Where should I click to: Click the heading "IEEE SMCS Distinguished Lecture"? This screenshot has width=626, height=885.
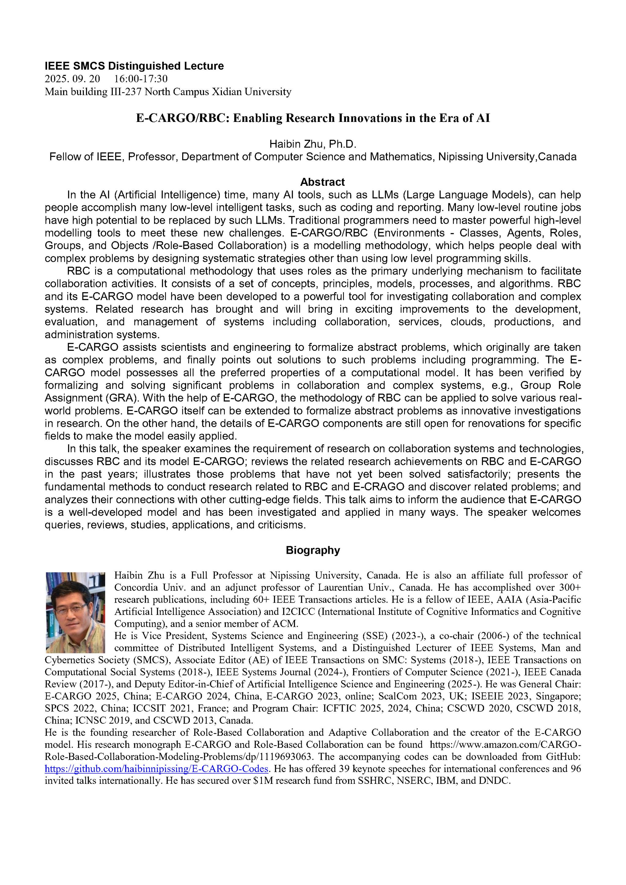pos(134,66)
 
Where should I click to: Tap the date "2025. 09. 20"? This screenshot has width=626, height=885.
pos(72,79)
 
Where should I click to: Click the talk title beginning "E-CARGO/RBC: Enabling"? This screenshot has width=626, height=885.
pos(313,118)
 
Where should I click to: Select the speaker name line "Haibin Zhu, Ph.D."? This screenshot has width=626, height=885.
pos(313,144)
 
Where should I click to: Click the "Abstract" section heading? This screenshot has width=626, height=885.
pos(322,182)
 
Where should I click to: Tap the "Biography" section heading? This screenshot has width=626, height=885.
pos(313,550)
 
